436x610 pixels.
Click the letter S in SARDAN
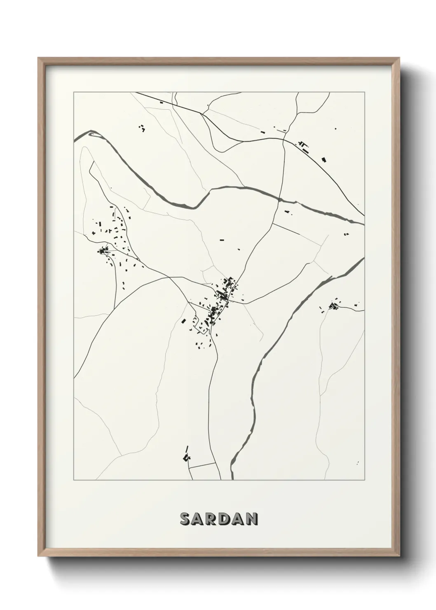185,519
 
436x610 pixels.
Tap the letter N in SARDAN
252,519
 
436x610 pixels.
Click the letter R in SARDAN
212,519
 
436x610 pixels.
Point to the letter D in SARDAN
225,519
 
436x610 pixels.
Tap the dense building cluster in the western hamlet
102,250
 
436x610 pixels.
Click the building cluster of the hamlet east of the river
334,305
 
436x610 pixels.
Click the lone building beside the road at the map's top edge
161,102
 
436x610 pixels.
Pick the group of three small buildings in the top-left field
142,129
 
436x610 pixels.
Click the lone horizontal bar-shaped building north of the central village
222,239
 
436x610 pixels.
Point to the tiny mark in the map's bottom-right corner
358,462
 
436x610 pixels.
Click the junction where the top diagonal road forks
203,114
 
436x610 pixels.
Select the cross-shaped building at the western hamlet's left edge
94,234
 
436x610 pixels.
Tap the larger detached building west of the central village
183,321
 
